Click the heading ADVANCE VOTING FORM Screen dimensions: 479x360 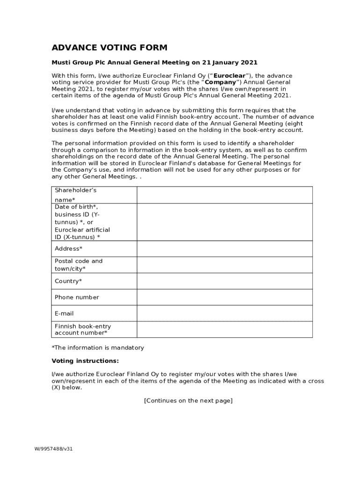coord(109,48)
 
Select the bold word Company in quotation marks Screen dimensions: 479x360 coord(220,82)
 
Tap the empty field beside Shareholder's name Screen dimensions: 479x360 coord(224,195)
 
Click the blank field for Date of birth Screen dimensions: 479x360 coord(224,222)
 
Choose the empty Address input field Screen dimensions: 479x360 coord(224,248)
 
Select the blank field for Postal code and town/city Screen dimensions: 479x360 coord(224,265)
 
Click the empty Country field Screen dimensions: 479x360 coord(224,281)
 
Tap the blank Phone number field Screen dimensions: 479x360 coord(224,297)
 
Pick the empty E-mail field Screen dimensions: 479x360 coord(224,313)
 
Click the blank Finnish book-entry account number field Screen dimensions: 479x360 coord(224,329)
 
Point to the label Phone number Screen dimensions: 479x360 coord(77,298)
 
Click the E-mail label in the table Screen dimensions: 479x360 coord(65,313)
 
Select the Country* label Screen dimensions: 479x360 coord(68,281)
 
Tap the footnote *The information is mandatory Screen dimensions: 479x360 coord(98,348)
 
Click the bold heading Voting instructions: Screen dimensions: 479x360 coord(85,361)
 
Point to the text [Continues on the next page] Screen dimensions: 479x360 coord(188,401)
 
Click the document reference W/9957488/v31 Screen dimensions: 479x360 coord(53,449)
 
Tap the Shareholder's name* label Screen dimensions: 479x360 coord(75,195)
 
